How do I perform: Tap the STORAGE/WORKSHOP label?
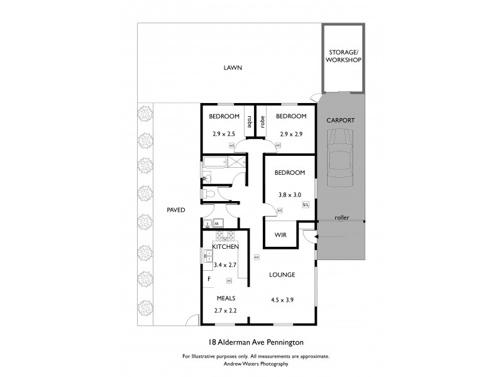[343, 57]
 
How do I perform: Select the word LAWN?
[232, 68]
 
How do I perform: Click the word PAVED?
[175, 210]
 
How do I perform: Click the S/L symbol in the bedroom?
[306, 205]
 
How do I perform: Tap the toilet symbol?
[210, 195]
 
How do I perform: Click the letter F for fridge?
[209, 279]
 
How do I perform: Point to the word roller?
[342, 219]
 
